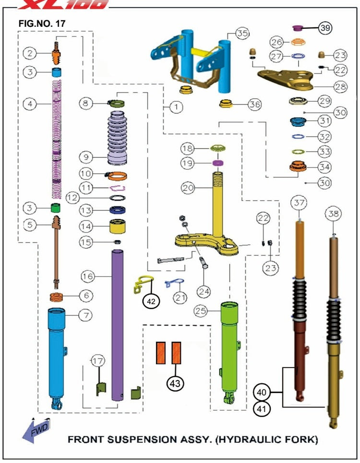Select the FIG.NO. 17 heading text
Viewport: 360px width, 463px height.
tap(42, 23)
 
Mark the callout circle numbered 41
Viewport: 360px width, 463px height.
tap(262, 409)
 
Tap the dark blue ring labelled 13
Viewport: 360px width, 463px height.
tap(116, 210)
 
